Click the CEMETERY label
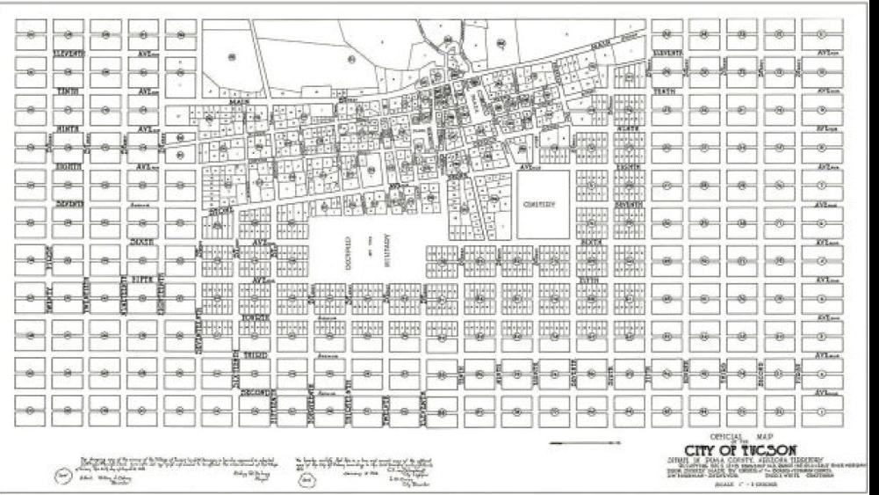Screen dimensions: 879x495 click(x=541, y=204)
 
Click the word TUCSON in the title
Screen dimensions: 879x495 click(x=767, y=446)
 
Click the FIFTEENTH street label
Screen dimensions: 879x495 click(x=274, y=406)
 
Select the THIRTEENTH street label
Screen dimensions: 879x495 click(x=349, y=406)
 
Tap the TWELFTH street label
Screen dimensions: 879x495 click(x=386, y=406)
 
